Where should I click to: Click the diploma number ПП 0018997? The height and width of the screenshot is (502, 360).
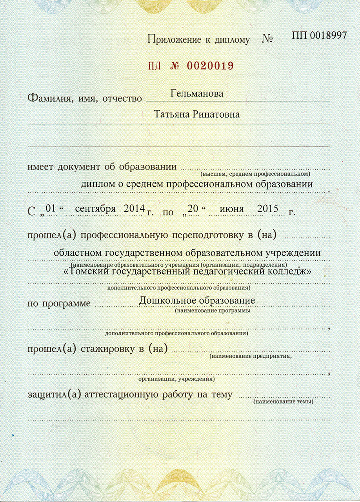pyautogui.click(x=319, y=35)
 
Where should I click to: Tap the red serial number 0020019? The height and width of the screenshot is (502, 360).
pyautogui.click(x=210, y=65)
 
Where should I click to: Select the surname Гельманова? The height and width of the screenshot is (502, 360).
pyautogui.click(x=197, y=94)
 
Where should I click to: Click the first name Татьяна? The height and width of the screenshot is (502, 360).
pyautogui.click(x=172, y=115)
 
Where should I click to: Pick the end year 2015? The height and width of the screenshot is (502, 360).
pyautogui.click(x=268, y=209)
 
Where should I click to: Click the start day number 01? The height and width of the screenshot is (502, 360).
pyautogui.click(x=51, y=209)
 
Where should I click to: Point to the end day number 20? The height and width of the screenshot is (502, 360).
pyautogui.click(x=193, y=209)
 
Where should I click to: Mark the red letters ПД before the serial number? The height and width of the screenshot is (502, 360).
pyautogui.click(x=155, y=65)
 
